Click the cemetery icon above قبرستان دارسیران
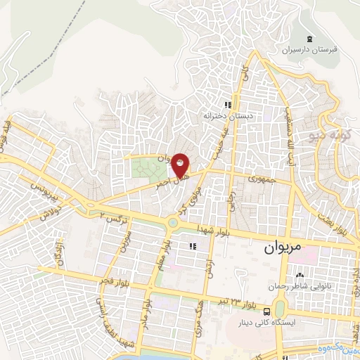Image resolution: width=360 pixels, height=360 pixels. (x=310, y=38)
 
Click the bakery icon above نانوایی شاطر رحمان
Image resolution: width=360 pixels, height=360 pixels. (x=301, y=275)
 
